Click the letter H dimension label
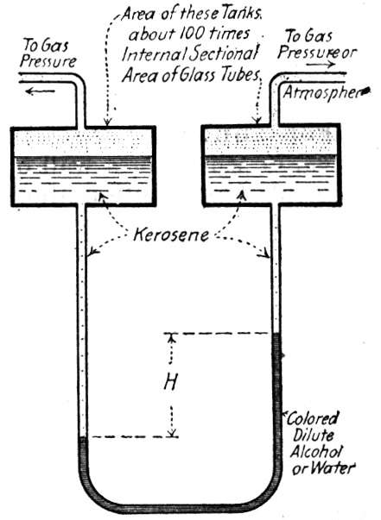coord(171,382)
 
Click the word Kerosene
coord(171,235)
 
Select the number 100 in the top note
coord(198,34)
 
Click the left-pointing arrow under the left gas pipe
coord(40,91)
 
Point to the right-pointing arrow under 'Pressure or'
coord(321,64)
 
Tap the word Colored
coord(313,418)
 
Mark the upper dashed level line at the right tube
coord(220,333)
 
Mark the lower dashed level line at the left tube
coord(135,436)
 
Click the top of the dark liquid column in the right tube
coord(276,333)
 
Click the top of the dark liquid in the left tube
coord(83,437)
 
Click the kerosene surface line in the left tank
coord(84,157)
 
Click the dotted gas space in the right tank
coord(272,141)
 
